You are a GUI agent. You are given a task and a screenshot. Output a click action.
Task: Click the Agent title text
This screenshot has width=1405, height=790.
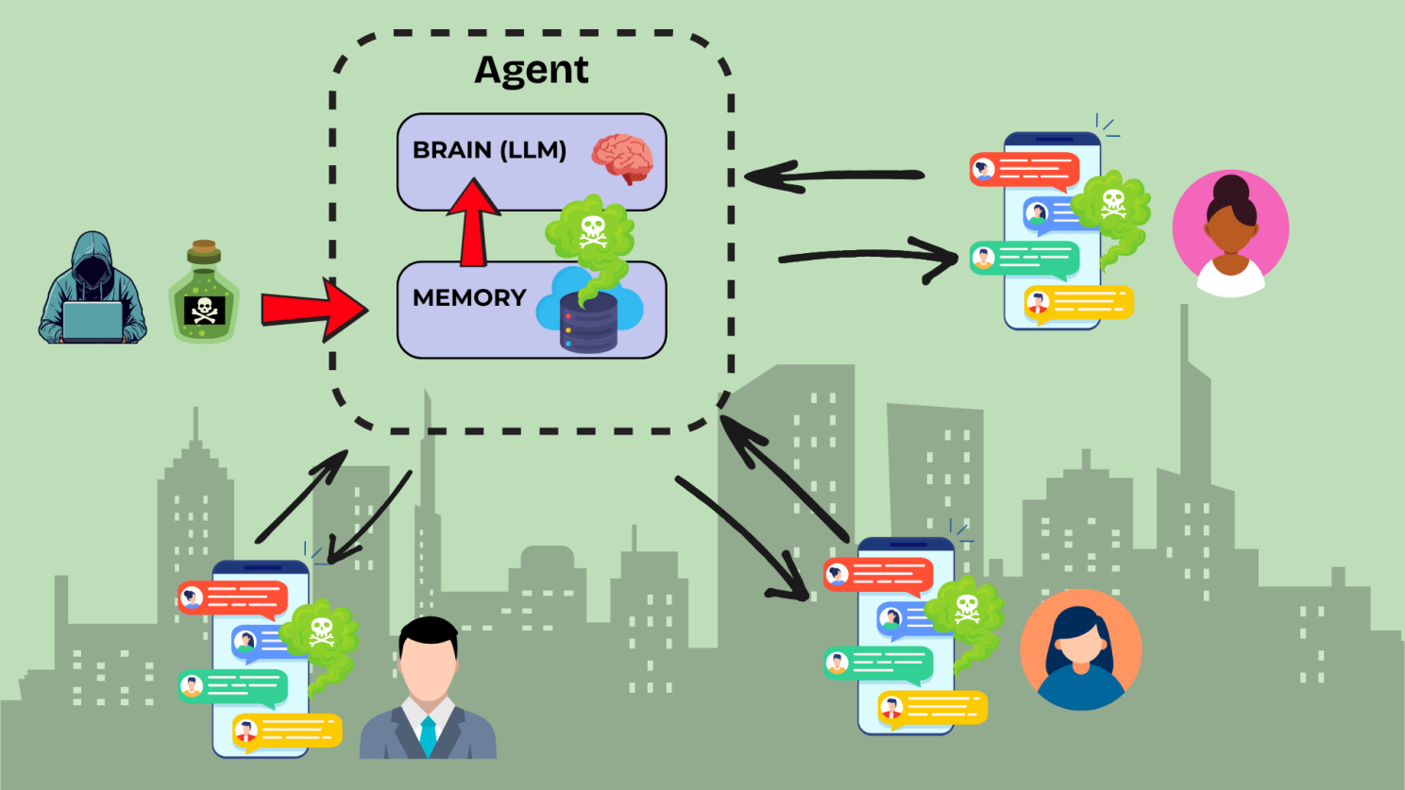532,71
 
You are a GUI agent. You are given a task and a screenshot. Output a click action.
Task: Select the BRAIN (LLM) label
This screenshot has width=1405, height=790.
489,150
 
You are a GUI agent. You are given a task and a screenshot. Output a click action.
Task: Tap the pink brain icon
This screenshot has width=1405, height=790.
622,158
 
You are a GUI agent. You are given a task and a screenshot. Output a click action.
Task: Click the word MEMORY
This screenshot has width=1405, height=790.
469,297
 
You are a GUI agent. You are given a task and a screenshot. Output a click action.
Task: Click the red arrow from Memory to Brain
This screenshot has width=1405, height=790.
473,225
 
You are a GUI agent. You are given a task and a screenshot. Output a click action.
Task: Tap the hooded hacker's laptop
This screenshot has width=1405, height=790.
93,321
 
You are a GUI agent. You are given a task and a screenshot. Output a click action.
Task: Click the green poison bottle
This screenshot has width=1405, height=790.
204,294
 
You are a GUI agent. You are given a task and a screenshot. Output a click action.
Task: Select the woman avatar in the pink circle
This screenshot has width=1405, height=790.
1230,231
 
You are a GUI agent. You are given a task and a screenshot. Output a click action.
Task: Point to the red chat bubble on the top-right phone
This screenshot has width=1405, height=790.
1024,171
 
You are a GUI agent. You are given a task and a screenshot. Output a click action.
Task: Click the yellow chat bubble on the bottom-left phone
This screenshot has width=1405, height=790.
287,731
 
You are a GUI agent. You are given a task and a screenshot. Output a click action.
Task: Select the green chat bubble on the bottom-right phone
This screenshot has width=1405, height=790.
878,664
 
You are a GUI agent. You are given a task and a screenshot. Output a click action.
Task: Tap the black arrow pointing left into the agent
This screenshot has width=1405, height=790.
831,176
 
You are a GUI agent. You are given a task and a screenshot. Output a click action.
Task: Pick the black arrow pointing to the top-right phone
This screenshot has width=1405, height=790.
869,256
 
